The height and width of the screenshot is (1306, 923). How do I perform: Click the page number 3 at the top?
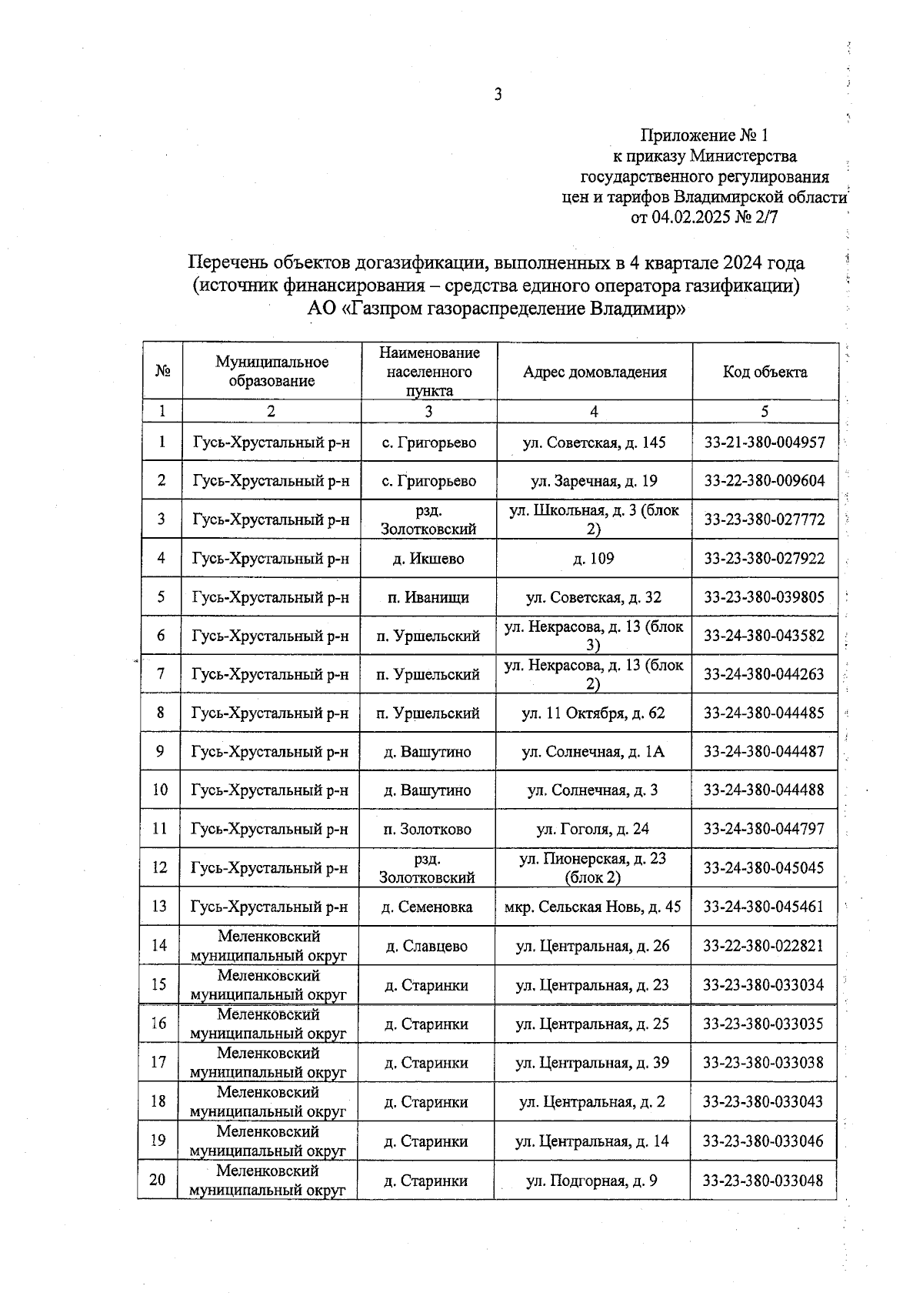click(x=498, y=95)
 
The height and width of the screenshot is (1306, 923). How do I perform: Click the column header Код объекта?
click(x=765, y=372)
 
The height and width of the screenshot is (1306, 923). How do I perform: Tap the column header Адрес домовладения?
click(x=595, y=372)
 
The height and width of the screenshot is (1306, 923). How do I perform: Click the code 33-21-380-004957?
click(x=764, y=443)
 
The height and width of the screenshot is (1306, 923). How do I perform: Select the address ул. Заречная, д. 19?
click(x=594, y=481)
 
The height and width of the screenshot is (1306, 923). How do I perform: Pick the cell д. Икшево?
click(x=428, y=559)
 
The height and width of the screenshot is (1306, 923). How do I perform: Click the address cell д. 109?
click(x=594, y=559)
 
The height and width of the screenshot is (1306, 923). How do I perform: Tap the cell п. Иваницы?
click(x=428, y=597)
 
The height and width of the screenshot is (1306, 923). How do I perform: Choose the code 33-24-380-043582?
click(x=764, y=636)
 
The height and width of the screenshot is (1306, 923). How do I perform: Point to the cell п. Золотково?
click(x=428, y=830)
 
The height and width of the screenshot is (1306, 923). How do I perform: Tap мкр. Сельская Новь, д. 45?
click(x=592, y=907)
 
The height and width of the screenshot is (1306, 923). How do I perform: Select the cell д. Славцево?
click(x=427, y=947)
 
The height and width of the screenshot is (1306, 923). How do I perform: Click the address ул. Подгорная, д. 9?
click(x=591, y=1181)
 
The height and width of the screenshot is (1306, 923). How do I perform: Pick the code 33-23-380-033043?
click(x=762, y=1102)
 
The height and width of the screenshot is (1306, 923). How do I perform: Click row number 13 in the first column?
click(x=159, y=907)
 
